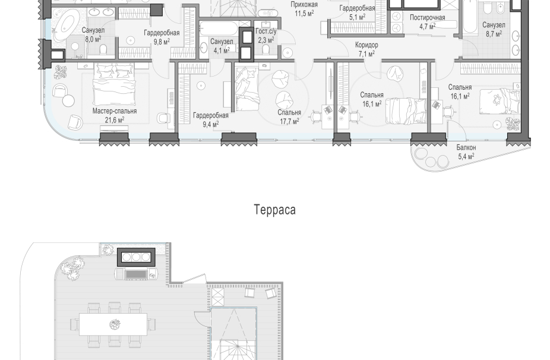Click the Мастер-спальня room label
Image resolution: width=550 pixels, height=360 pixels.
tap(115, 111)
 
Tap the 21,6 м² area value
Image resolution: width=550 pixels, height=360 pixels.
tap(115, 120)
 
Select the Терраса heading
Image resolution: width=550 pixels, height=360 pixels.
tap(274, 210)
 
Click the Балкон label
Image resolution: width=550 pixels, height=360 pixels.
tap(466, 148)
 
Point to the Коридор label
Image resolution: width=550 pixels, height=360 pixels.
tap(366, 45)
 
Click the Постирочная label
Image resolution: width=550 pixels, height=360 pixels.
tap(427, 18)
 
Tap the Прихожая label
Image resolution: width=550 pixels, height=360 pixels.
tap(304, 5)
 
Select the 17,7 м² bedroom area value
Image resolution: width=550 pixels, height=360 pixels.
tap(289, 121)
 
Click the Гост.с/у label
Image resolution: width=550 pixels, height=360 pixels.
tap(266, 31)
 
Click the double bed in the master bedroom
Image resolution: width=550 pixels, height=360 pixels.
tap(114, 84)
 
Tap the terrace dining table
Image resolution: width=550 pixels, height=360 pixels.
tap(113, 324)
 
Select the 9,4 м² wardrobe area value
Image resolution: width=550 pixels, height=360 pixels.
tap(210, 124)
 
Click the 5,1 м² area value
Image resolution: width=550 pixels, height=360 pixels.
tap(357, 17)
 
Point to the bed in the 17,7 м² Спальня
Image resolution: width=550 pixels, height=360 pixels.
tap(248, 89)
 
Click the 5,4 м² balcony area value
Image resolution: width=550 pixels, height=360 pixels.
tap(466, 156)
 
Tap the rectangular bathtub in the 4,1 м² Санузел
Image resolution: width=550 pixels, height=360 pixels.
tap(219, 29)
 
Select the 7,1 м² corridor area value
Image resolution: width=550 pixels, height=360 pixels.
tap(366, 53)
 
